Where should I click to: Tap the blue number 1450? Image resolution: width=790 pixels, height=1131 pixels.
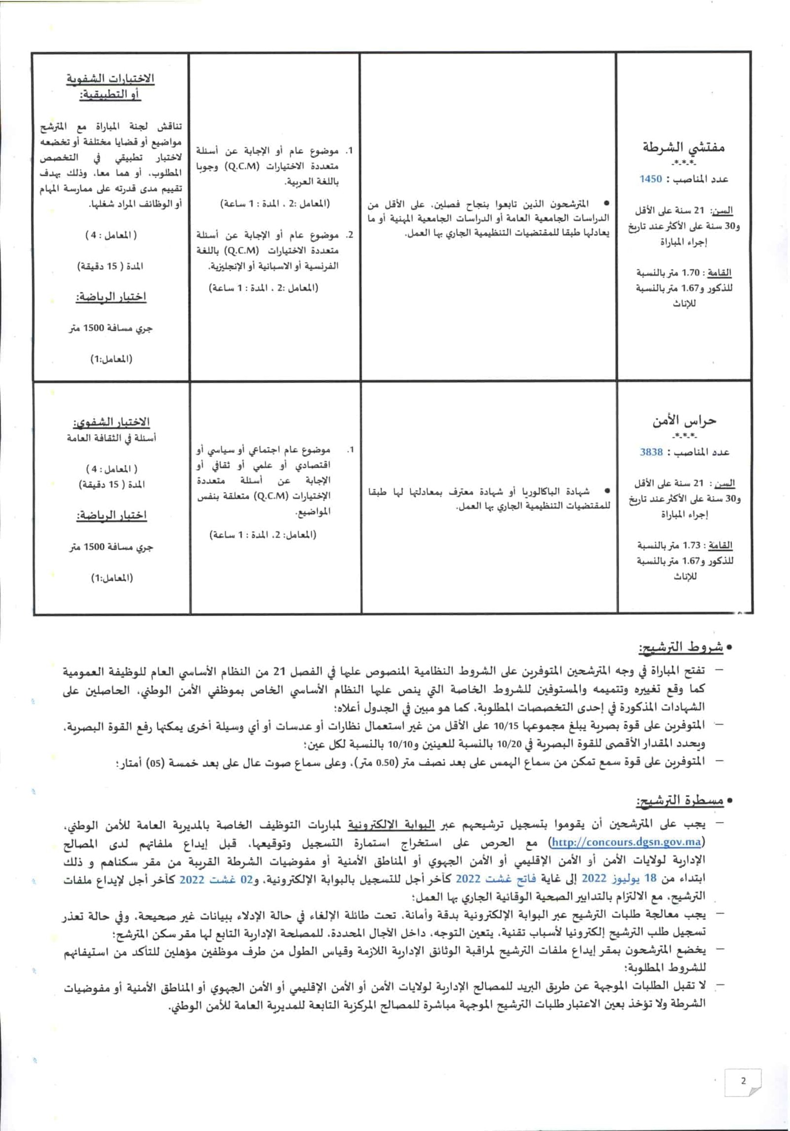651,179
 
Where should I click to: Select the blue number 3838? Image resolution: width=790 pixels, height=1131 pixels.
651,452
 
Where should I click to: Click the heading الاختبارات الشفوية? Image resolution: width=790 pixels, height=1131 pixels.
111,79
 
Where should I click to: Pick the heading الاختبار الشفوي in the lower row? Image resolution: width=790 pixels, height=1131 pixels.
111,423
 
